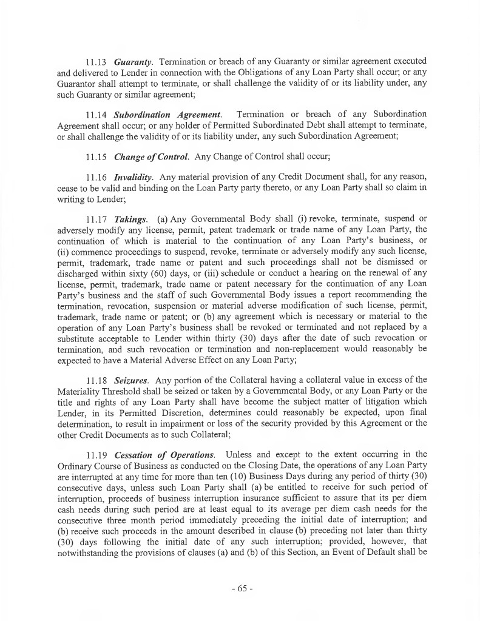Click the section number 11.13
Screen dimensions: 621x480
(x=96, y=61)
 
